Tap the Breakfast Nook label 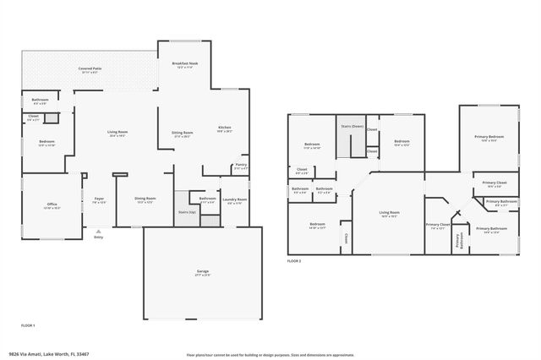(x=184, y=63)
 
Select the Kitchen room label (x=224, y=128)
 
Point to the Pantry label (x=241, y=165)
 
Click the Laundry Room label (x=236, y=199)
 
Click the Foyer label (x=99, y=199)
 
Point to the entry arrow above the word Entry (x=99, y=231)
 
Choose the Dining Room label (x=145, y=199)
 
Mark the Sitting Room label (x=183, y=133)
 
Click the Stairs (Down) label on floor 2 (x=352, y=126)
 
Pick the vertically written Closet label (x=347, y=238)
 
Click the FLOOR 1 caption (x=28, y=325)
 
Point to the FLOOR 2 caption (x=294, y=261)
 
